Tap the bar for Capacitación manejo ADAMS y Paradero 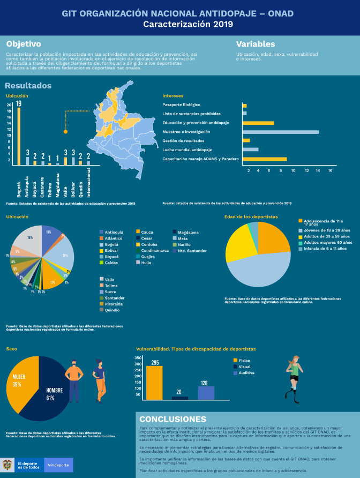click(264, 159)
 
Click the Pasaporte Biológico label click(181, 104)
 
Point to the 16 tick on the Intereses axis click(329, 170)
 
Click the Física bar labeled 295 click(154, 383)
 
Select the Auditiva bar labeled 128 click(206, 393)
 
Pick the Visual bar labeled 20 click(180, 398)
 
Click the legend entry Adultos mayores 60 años click(317, 242)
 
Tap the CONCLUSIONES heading click(172, 419)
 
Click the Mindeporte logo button click(58, 465)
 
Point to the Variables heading click(256, 44)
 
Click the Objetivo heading click(24, 44)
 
